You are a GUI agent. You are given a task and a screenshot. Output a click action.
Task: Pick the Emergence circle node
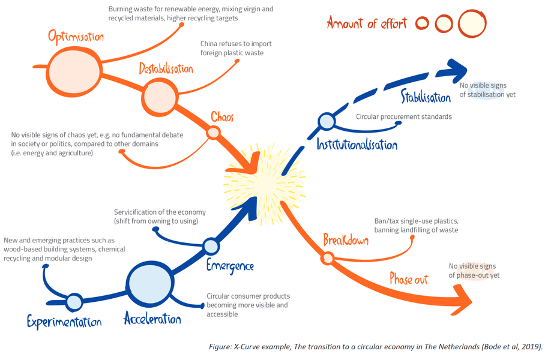pos(211,246)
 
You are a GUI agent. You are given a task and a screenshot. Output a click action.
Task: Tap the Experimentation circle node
pos(74,301)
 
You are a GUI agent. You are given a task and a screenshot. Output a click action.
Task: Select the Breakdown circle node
pos(328,259)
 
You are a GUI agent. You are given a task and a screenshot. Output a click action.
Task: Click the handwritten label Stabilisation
pos(426,97)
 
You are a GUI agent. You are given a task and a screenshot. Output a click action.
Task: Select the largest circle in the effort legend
pos(471,23)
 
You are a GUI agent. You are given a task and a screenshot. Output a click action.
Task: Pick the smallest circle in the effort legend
pos(423,23)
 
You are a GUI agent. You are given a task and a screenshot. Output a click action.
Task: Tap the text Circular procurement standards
pos(403,116)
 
